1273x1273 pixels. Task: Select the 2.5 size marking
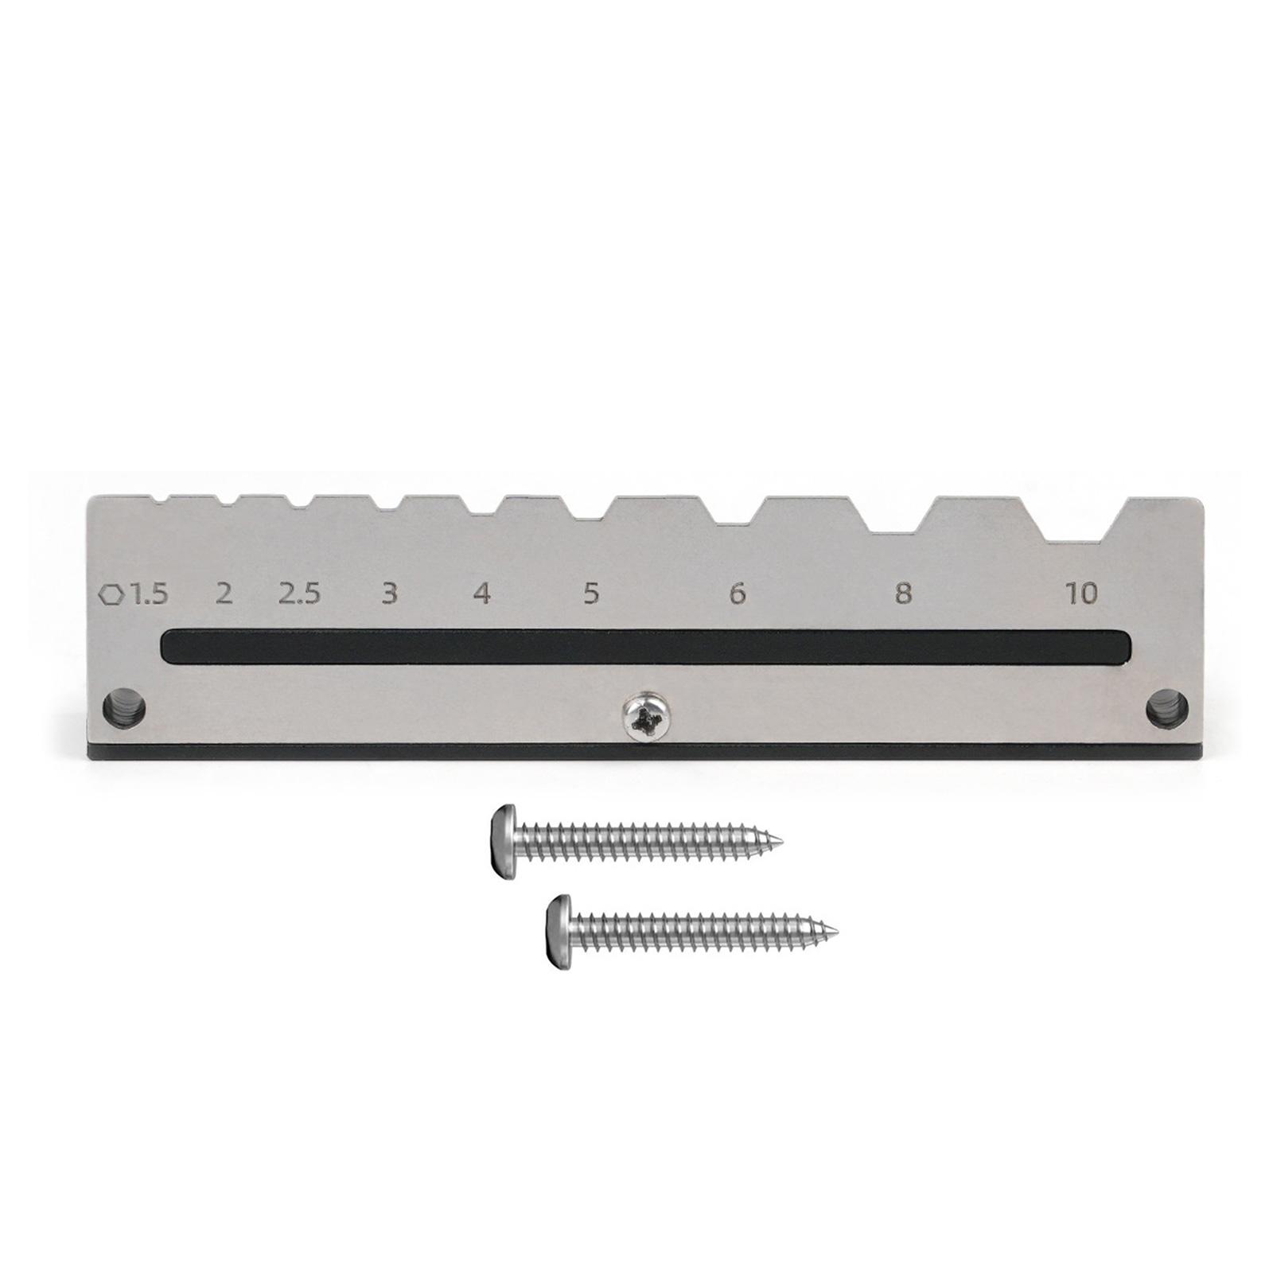click(x=299, y=594)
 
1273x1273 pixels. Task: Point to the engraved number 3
click(x=389, y=594)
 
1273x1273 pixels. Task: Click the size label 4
click(x=481, y=594)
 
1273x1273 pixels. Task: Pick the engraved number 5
click(x=590, y=594)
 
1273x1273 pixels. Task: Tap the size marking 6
click(x=738, y=594)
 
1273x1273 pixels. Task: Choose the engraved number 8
click(x=903, y=594)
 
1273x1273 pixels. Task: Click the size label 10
click(x=1082, y=593)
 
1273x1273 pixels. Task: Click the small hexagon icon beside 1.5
click(x=111, y=594)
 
